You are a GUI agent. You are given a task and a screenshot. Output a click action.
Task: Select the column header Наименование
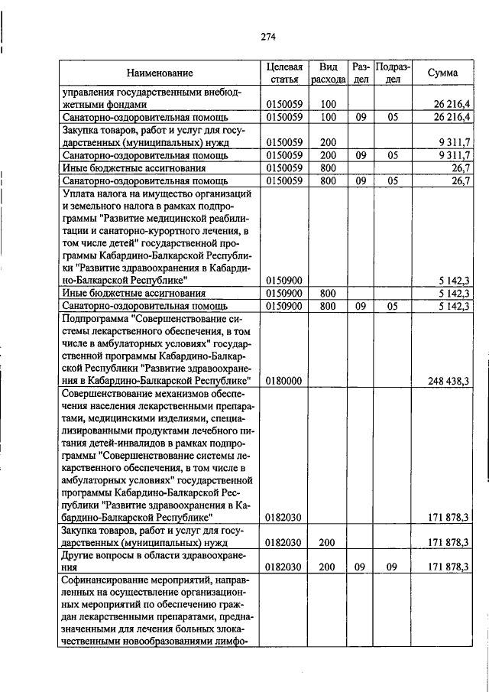point(160,73)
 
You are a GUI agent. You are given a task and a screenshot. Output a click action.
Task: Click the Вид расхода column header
point(329,73)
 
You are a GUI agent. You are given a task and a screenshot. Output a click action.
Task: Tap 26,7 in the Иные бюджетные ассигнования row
point(460,168)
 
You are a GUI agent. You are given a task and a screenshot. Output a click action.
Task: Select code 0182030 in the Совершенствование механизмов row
point(284,518)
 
